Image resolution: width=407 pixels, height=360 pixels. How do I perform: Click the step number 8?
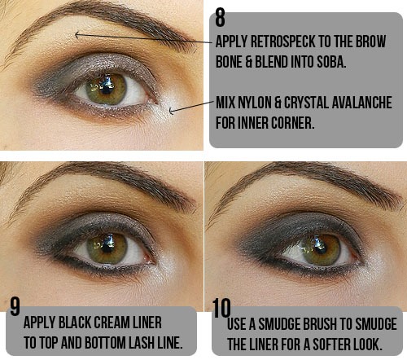click(220, 17)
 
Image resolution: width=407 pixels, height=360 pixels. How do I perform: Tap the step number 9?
click(15, 306)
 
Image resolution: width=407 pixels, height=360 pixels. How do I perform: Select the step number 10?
click(221, 308)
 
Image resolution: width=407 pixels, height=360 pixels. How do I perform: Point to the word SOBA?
click(331, 61)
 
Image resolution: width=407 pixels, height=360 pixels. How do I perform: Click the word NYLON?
click(255, 103)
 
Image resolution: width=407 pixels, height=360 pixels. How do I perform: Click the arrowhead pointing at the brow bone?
click(77, 35)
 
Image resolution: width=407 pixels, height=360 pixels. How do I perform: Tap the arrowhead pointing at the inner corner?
click(171, 110)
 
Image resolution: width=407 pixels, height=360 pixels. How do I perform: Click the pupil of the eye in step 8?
click(107, 87)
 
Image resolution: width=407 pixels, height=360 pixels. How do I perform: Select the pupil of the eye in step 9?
click(108, 247)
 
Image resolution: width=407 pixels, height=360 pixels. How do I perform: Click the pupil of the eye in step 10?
click(321, 247)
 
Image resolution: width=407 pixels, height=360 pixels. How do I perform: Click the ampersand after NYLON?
click(278, 103)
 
